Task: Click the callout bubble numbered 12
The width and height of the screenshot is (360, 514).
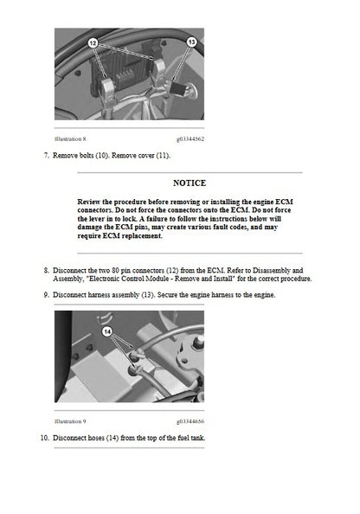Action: tap(93, 42)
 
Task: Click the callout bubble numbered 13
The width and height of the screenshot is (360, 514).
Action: tap(191, 42)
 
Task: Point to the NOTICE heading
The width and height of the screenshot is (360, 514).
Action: tap(189, 183)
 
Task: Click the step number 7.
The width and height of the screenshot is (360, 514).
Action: tap(46, 156)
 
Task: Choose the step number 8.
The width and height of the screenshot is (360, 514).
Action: tap(46, 270)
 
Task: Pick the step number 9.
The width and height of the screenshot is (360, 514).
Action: tap(46, 296)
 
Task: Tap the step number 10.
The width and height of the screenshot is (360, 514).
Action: tap(44, 438)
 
